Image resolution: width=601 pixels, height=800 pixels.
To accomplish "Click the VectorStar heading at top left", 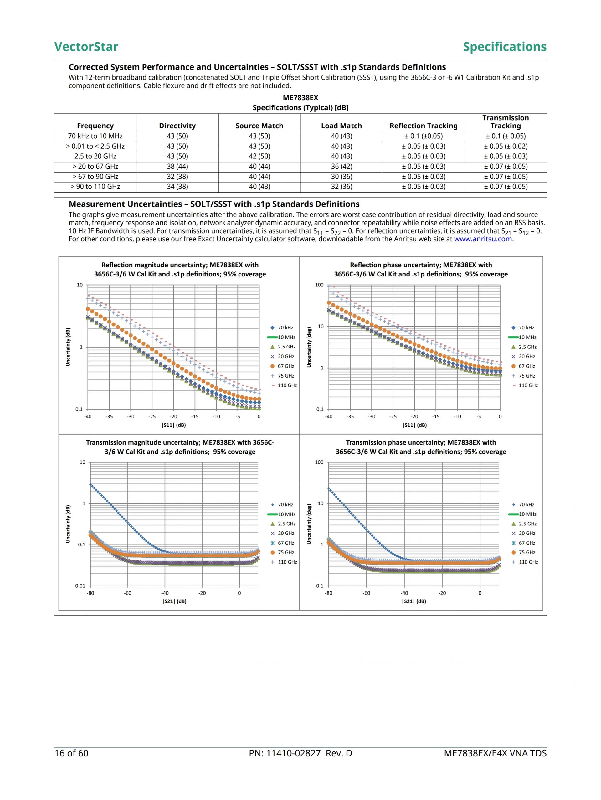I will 86,47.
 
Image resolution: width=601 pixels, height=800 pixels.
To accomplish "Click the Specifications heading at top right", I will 505,47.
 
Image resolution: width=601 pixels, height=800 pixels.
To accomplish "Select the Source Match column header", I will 259,126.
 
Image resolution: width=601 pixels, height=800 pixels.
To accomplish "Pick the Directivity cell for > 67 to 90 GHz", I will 177,177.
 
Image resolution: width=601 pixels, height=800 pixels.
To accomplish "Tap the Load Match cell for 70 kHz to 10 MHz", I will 342,136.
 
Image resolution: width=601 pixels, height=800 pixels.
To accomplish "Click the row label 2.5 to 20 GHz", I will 95,156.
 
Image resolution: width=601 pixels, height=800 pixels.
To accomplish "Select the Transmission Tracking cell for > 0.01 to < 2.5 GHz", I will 506,146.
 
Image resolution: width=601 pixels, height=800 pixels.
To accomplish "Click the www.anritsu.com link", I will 483,239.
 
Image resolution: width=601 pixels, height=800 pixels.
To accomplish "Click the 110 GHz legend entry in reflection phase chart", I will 528,385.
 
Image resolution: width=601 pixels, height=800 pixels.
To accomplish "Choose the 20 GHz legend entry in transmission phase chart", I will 527,533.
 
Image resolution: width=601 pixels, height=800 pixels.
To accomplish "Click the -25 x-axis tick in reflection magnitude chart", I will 152,417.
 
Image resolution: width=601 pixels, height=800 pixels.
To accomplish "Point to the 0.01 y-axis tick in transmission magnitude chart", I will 80,586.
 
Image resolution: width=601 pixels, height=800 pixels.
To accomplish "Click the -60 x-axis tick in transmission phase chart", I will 366,593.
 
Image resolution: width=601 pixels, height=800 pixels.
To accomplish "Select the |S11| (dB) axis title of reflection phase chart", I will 414,425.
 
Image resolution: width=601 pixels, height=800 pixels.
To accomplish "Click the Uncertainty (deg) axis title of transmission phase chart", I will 309,524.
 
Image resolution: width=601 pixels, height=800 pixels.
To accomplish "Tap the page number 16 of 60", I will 71,753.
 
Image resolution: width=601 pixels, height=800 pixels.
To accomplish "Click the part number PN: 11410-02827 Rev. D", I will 300,753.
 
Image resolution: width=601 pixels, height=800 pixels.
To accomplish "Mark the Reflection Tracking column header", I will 424,126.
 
